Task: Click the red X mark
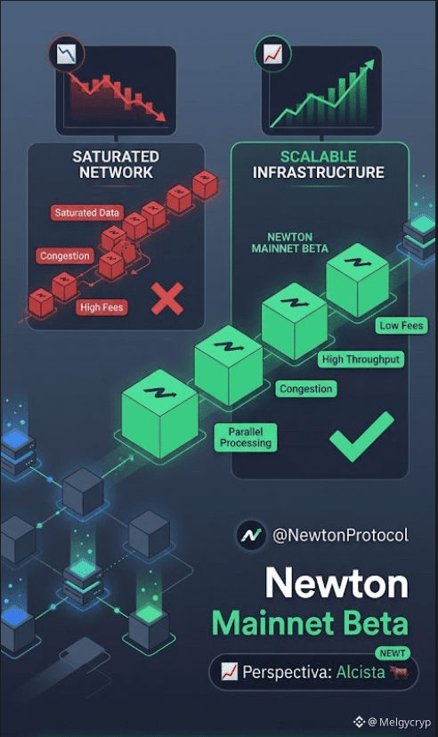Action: pyautogui.click(x=167, y=299)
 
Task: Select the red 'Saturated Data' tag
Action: pyautogui.click(x=87, y=213)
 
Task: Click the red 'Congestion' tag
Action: pyautogui.click(x=65, y=256)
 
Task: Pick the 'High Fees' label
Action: pyautogui.click(x=101, y=307)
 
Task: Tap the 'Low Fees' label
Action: pyautogui.click(x=401, y=325)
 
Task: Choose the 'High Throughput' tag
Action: pyautogui.click(x=361, y=360)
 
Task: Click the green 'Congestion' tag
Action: pyautogui.click(x=306, y=389)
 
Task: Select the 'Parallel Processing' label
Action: pyautogui.click(x=246, y=437)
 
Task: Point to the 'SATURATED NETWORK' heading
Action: pyautogui.click(x=116, y=165)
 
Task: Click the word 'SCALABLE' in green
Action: pyautogui.click(x=318, y=157)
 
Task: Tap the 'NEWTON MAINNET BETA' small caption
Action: pyautogui.click(x=290, y=243)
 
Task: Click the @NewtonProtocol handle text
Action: pyautogui.click(x=341, y=535)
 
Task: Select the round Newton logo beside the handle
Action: pyautogui.click(x=251, y=535)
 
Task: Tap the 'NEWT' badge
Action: pyautogui.click(x=393, y=653)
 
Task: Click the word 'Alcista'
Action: pyautogui.click(x=361, y=672)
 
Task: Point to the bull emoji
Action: pyautogui.click(x=399, y=672)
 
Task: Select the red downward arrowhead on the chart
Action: pyautogui.click(x=160, y=116)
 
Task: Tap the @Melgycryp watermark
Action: pyautogui.click(x=392, y=722)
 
